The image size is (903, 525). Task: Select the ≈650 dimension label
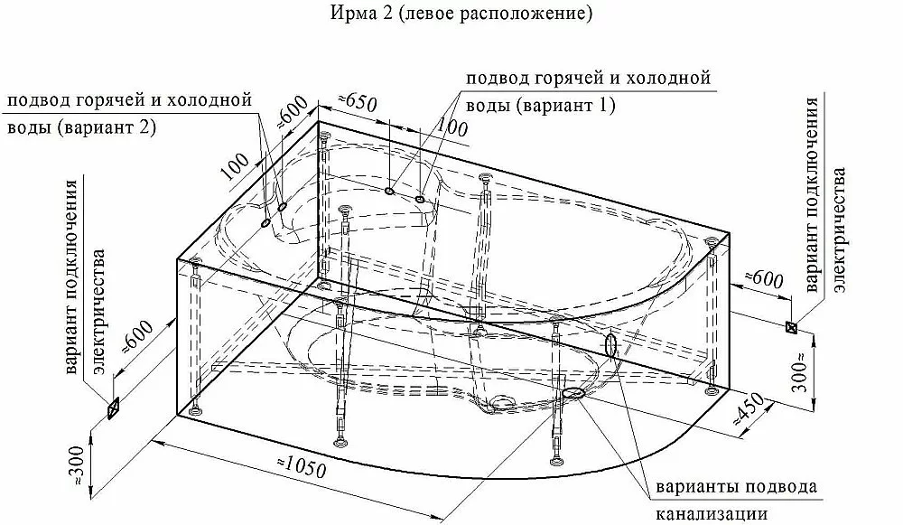357,103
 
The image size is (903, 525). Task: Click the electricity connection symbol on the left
113,408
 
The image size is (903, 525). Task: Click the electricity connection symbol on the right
792,327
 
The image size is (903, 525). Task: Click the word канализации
712,512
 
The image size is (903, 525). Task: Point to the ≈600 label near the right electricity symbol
764,279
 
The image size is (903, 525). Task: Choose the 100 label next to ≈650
452,127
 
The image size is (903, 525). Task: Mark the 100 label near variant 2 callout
235,165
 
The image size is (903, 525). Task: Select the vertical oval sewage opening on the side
611,345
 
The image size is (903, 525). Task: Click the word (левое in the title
423,14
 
